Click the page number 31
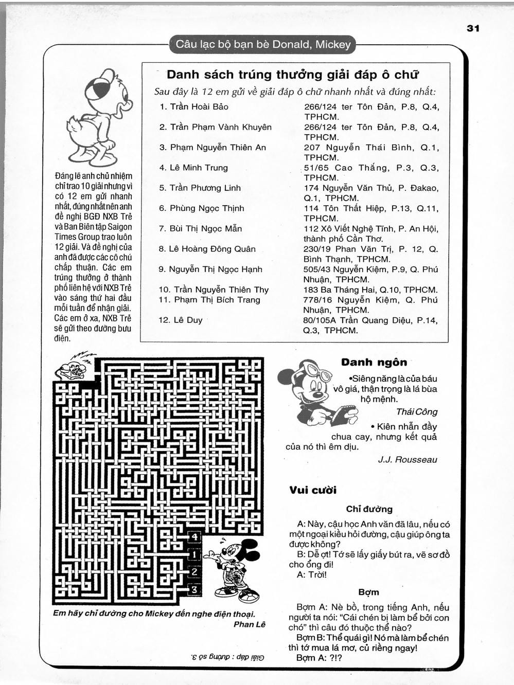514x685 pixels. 473,28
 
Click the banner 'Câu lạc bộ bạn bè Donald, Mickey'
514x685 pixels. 263,44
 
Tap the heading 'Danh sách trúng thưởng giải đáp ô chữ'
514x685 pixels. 293,75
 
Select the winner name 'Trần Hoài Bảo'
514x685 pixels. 199,107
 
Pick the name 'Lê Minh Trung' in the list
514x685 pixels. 198,168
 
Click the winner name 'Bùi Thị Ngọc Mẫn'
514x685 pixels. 205,229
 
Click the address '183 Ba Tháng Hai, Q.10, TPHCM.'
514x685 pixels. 370,290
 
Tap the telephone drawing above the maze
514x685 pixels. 74,368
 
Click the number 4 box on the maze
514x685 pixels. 194,537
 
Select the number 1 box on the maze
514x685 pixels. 194,555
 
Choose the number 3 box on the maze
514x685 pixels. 194,589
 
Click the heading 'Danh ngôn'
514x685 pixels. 374,362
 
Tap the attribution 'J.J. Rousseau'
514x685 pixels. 407,460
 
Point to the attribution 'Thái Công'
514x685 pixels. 417,411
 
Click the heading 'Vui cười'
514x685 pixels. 313,490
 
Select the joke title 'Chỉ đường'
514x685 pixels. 369,509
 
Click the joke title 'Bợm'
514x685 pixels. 369,592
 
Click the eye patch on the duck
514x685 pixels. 97,87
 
